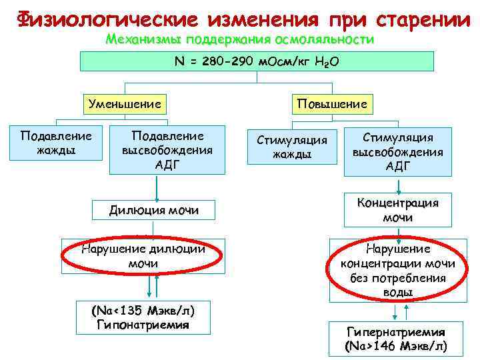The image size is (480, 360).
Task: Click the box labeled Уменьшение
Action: [125, 104]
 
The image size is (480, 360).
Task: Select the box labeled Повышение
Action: [332, 104]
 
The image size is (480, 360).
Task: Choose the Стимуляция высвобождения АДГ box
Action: [397, 151]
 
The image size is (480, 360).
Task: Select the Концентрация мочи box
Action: [397, 210]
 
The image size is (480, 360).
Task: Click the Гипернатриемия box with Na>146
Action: [395, 339]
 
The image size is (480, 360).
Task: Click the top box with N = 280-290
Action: [257, 61]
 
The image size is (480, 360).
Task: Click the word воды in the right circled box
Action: [397, 292]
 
